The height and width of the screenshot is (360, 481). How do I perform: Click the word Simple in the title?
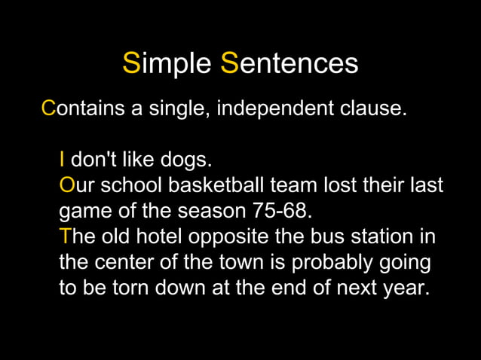[167, 64]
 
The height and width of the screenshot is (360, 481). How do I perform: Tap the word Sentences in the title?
[290, 64]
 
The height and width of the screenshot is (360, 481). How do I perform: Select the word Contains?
[83, 108]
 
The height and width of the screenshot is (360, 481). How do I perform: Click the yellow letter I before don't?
[63, 160]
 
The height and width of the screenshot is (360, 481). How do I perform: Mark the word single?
[179, 108]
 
